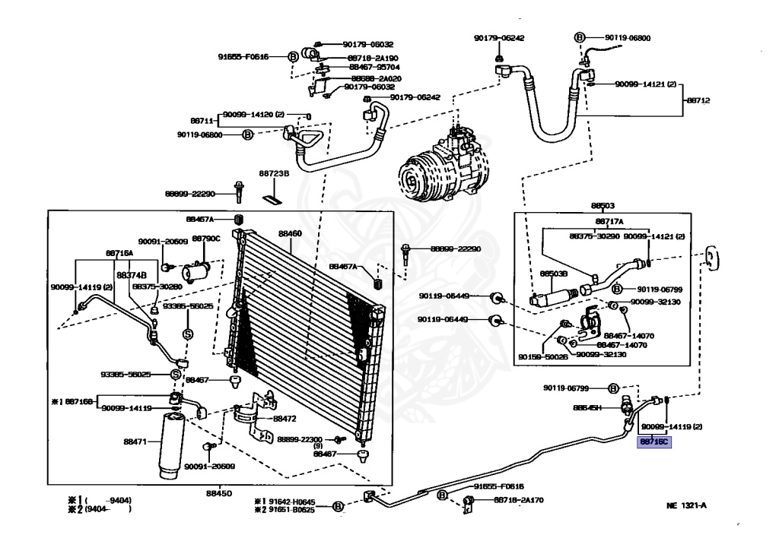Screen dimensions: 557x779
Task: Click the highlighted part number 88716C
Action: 654,441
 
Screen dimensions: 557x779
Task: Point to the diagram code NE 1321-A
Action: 687,505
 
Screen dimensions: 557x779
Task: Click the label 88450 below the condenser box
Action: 220,492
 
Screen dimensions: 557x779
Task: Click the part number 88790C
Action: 205,239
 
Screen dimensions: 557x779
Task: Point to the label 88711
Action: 201,121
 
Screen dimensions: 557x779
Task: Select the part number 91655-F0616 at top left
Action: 243,56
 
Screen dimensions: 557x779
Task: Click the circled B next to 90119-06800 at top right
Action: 579,36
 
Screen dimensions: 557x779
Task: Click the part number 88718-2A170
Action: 520,500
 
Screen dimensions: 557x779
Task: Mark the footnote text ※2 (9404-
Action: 99,509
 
